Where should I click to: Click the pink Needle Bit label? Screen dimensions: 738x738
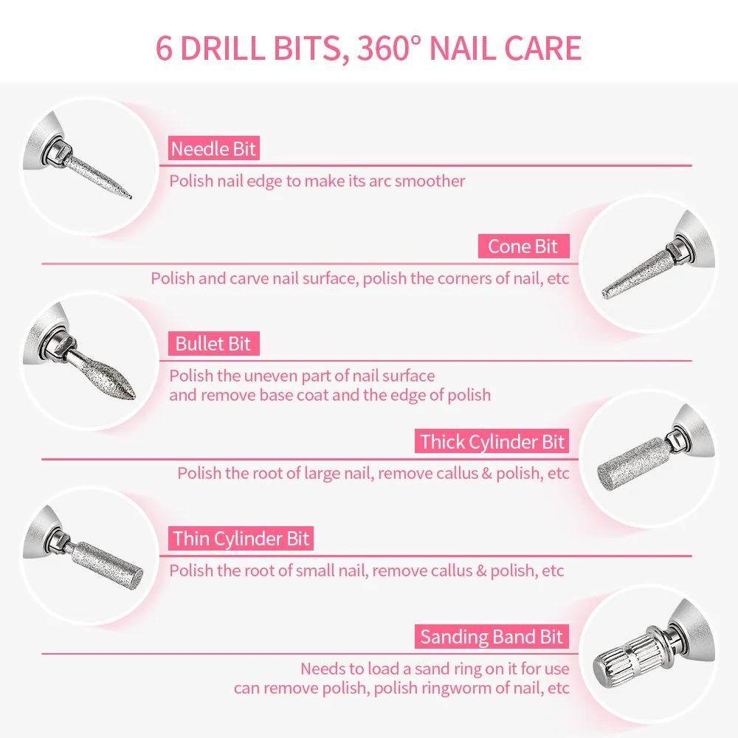213,149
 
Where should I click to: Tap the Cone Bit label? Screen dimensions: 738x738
523,246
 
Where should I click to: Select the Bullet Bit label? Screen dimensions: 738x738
213,343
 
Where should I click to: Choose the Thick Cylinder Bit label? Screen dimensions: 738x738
492,441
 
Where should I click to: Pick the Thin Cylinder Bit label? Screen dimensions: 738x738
241,538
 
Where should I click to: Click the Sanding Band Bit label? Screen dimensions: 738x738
492,636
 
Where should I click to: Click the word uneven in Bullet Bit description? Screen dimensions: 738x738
278,376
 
